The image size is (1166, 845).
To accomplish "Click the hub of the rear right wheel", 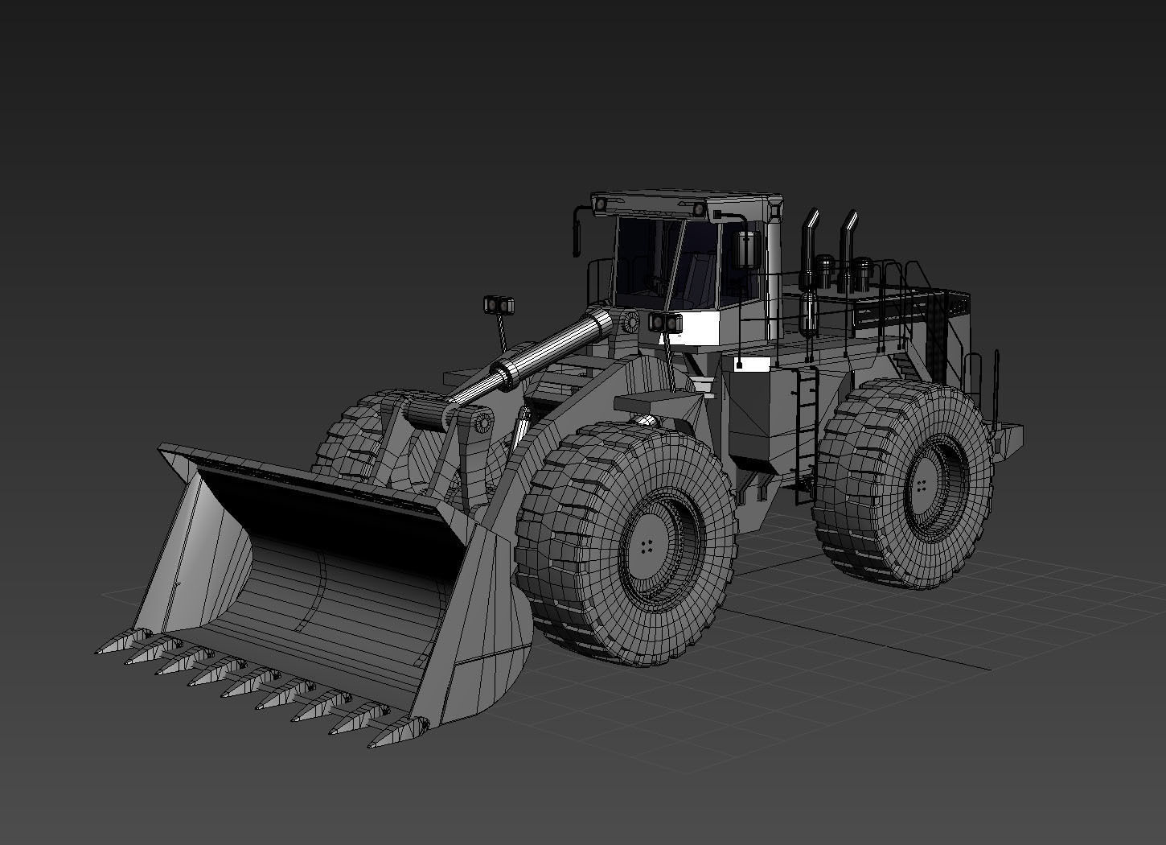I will click(921, 485).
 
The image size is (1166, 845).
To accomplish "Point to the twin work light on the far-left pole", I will click(499, 305).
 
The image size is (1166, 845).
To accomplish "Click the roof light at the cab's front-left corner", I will click(599, 206).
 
